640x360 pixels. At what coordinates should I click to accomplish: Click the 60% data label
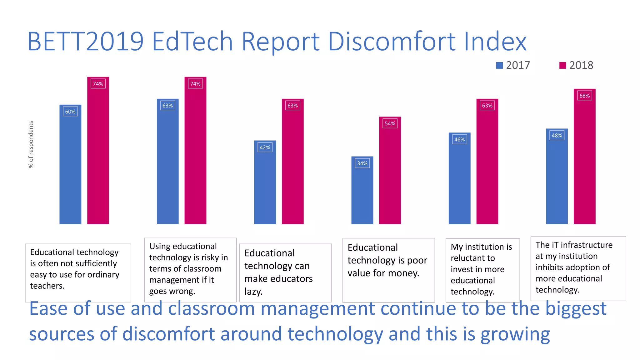pyautogui.click(x=70, y=112)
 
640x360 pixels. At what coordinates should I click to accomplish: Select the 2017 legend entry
pyautogui.click(x=513, y=65)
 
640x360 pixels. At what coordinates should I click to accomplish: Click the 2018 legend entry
pyautogui.click(x=577, y=65)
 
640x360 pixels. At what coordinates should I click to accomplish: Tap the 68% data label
pyautogui.click(x=584, y=96)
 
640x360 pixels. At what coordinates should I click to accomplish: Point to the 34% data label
pyautogui.click(x=362, y=163)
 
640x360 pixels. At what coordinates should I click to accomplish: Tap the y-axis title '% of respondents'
pyautogui.click(x=31, y=144)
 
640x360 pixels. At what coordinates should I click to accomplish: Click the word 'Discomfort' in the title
pyautogui.click(x=391, y=41)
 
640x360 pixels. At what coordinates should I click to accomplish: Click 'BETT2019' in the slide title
pyautogui.click(x=85, y=41)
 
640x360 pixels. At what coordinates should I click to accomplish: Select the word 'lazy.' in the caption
pyautogui.click(x=253, y=292)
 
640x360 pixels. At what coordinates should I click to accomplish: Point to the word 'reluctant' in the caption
pyautogui.click(x=472, y=258)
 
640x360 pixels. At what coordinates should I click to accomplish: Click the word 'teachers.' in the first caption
pyautogui.click(x=47, y=286)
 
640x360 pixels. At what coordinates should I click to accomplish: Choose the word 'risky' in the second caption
pyautogui.click(x=210, y=257)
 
